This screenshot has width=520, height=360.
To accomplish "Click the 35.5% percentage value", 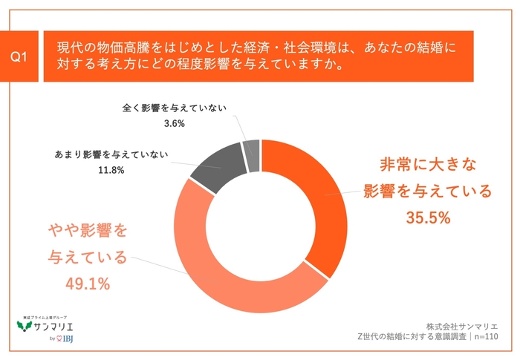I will coord(429,218).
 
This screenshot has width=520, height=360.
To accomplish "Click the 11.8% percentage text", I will coord(110,170).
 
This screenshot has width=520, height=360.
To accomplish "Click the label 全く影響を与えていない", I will coord(175,108).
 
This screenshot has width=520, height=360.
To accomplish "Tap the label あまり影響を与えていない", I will coord(111,155).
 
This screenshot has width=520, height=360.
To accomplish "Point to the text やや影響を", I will coord(88,230).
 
